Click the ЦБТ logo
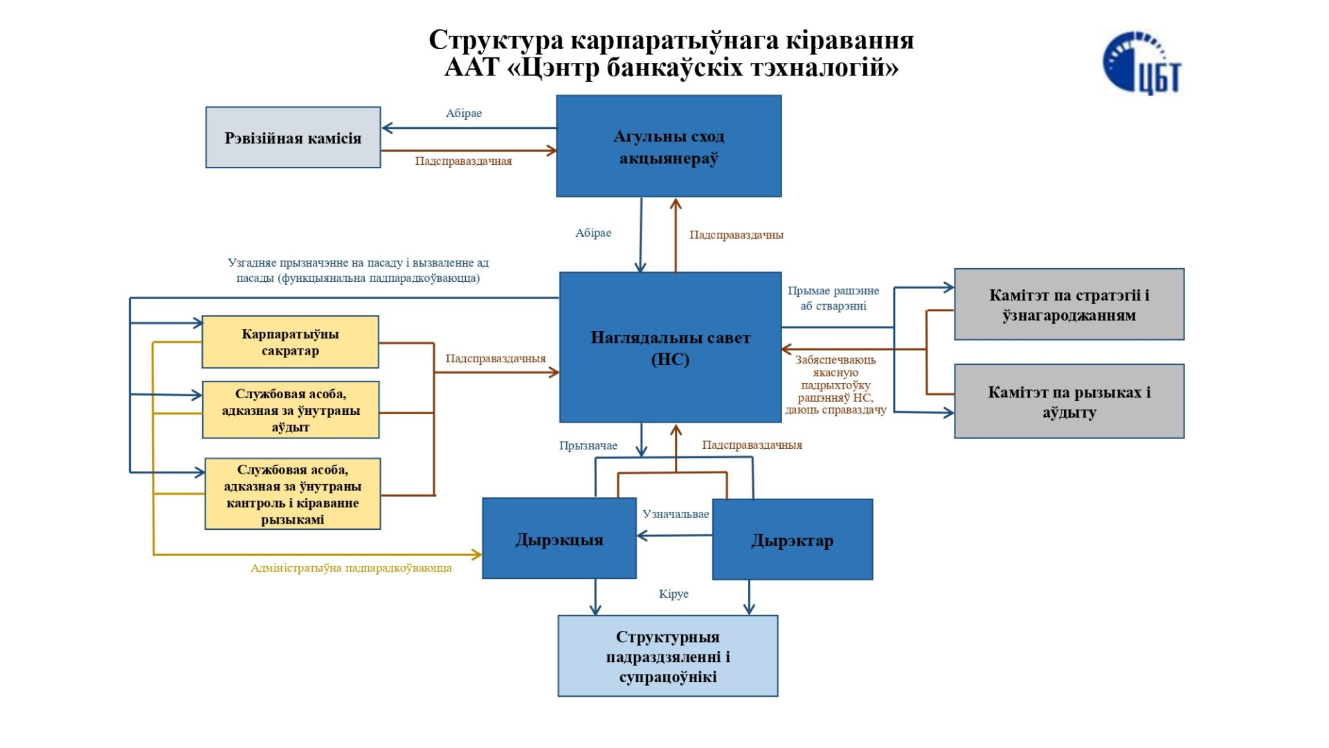tap(1142, 63)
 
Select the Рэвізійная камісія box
tap(293, 138)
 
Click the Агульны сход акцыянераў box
tap(669, 147)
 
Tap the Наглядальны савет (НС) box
tap(670, 348)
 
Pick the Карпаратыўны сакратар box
tap(290, 342)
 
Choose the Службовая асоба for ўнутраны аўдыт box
tap(291, 410)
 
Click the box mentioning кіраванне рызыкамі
tap(292, 494)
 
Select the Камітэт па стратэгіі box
tap(1069, 305)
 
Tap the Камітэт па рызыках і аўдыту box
tap(1069, 402)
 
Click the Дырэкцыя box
tap(559, 539)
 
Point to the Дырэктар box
tap(792, 540)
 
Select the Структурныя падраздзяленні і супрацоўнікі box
tap(667, 656)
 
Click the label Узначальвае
tap(675, 514)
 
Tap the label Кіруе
tap(673, 594)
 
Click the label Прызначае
tap(588, 445)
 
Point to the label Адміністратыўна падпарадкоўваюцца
tap(351, 568)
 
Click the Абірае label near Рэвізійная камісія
tap(463, 113)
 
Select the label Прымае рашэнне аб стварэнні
tap(833, 299)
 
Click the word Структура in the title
tap(496, 40)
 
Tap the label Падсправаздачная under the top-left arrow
tap(463, 161)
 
